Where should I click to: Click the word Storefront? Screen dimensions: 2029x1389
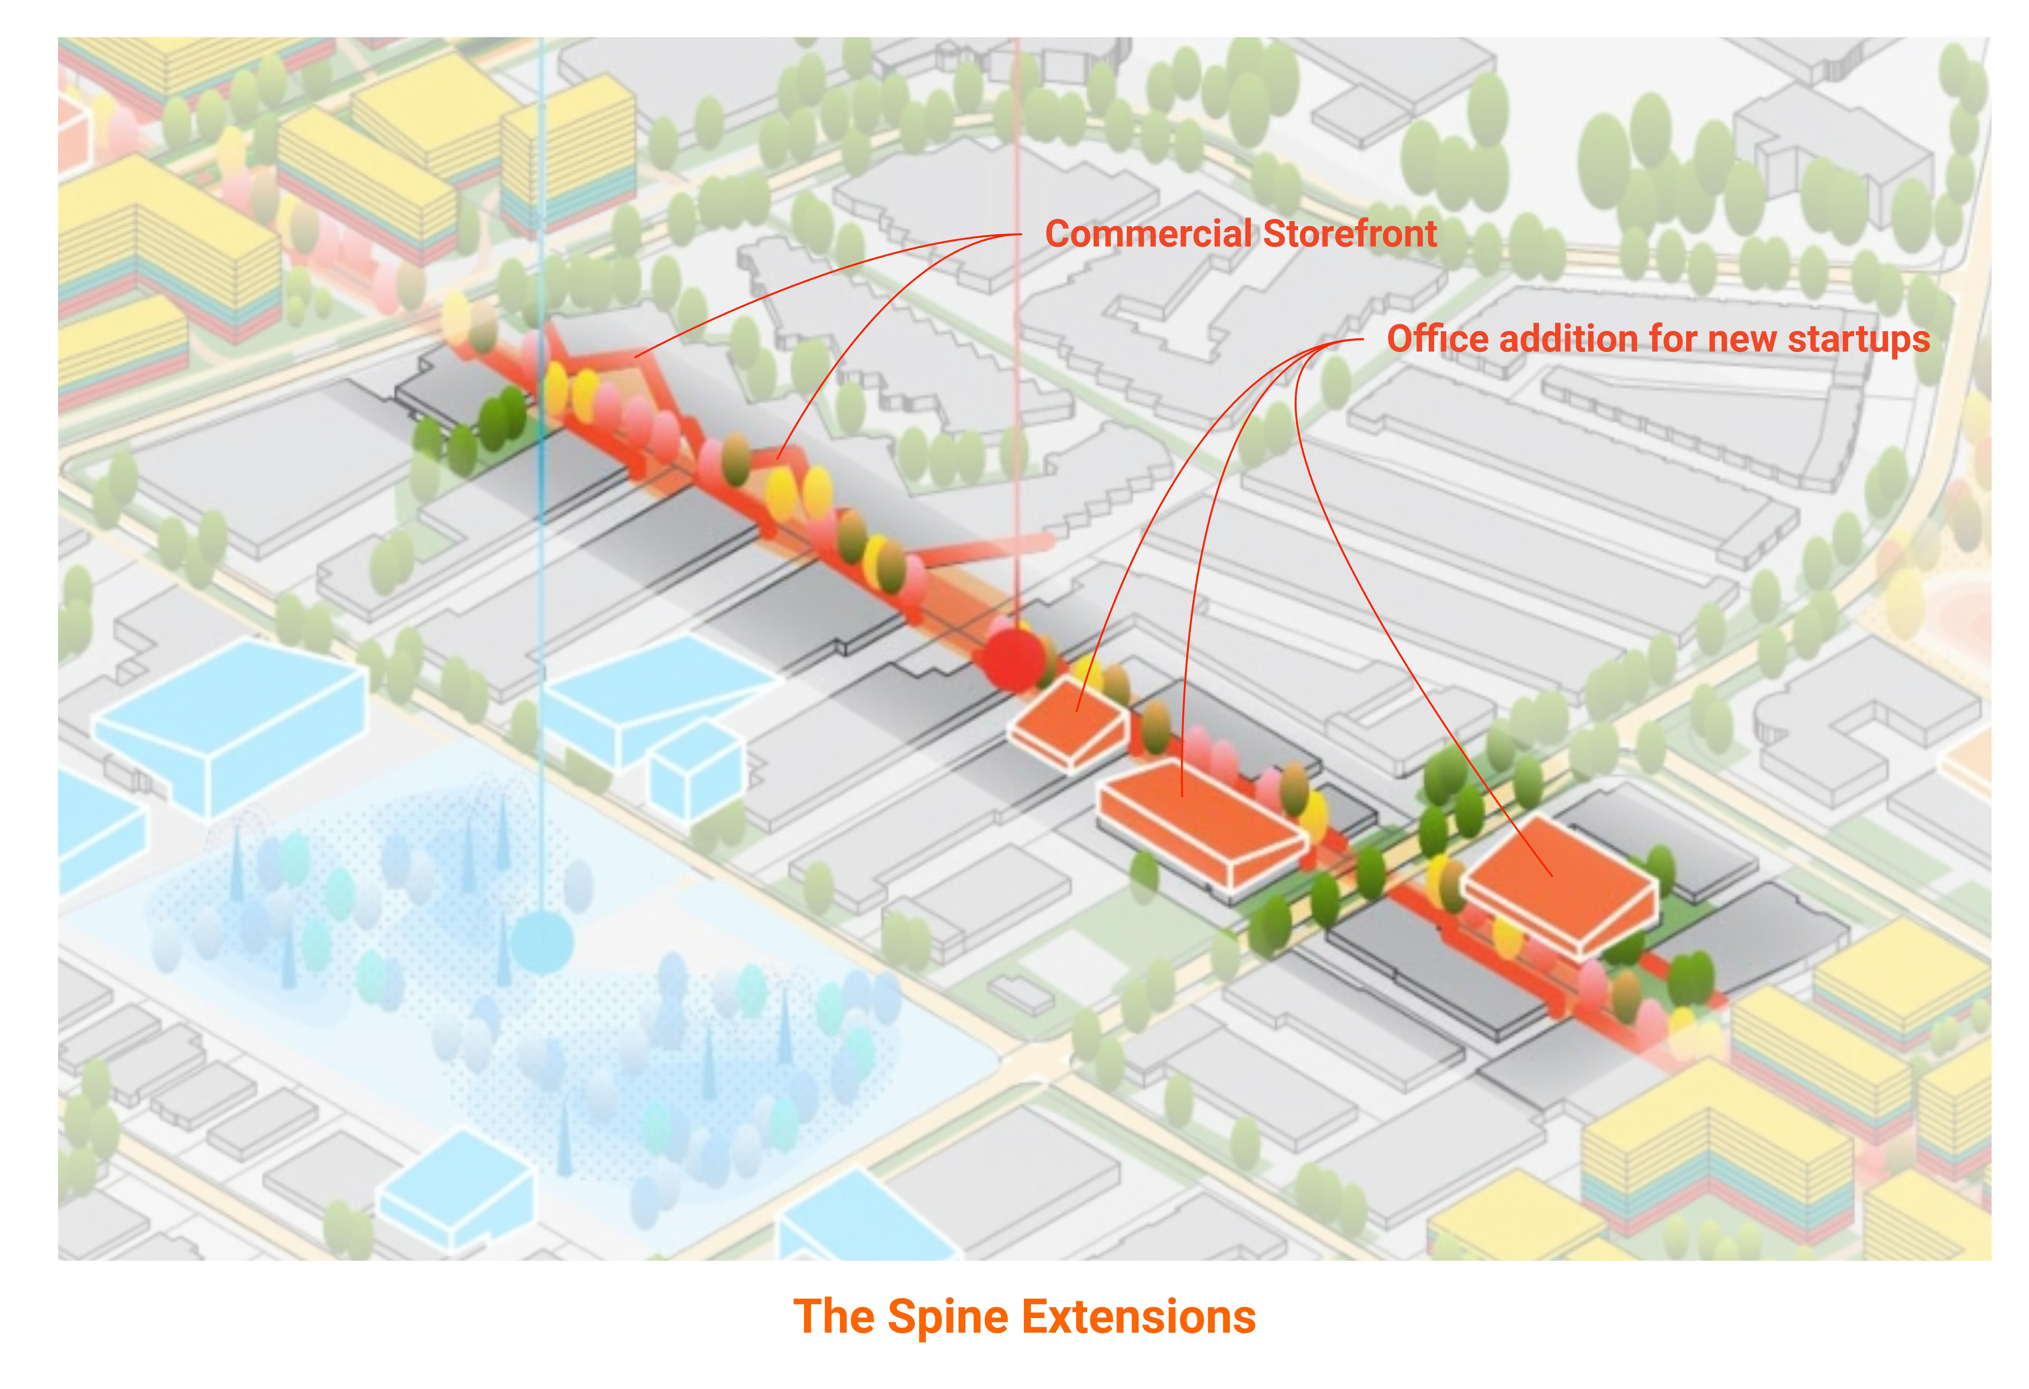1350,234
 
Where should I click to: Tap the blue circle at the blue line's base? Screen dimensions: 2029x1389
542,942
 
